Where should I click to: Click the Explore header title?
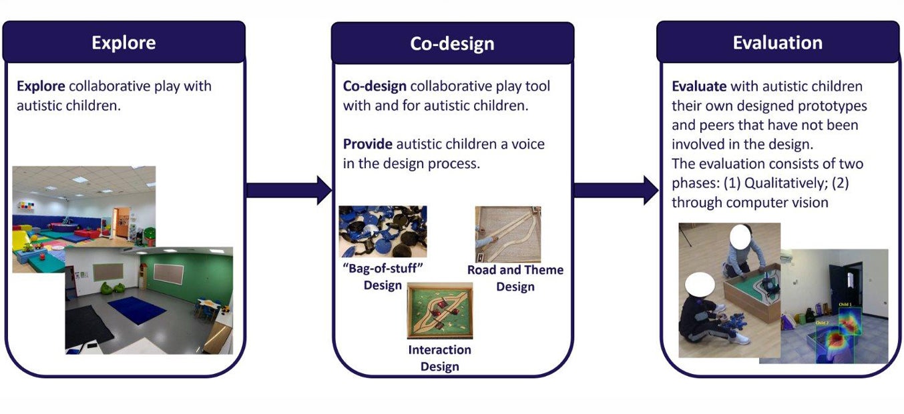124,43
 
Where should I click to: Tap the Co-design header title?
452,43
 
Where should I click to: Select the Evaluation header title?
778,43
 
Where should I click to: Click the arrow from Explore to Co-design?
289,190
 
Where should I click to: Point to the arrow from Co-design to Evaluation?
616,190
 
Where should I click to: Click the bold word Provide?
367,144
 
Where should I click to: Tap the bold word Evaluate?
699,86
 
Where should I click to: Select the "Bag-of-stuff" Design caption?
383,277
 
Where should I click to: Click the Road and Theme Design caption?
515,278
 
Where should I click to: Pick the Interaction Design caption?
439,358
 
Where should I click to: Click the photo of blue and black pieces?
383,231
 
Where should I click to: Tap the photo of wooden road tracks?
508,234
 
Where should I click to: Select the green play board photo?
440,311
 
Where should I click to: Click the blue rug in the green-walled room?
138,309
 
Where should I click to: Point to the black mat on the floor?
89,328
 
